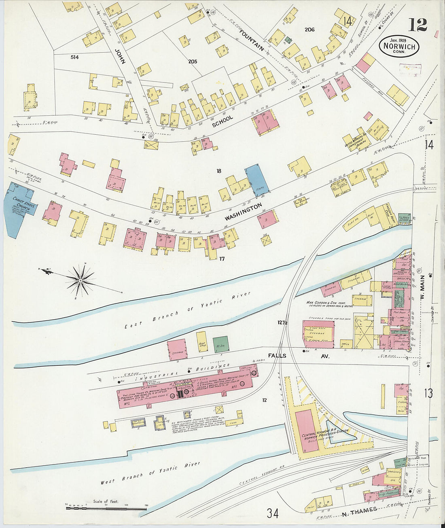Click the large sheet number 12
(417, 25)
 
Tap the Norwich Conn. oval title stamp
(399, 47)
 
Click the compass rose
(81, 280)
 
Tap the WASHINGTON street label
(244, 212)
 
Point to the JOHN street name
(120, 57)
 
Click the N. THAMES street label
(359, 512)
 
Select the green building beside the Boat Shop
(220, 344)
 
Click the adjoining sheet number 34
(272, 513)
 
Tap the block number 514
(74, 57)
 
